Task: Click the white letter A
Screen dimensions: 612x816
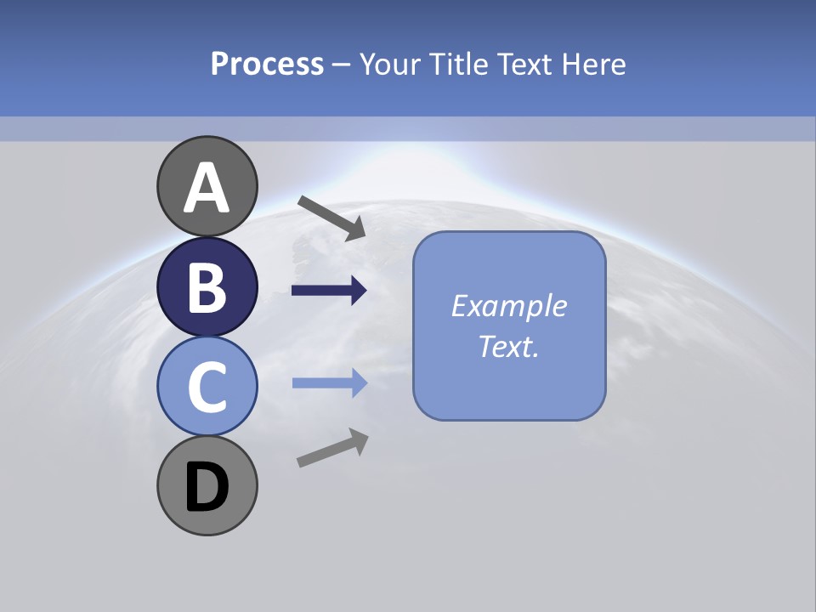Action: (207, 189)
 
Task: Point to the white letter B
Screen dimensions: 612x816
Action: (207, 288)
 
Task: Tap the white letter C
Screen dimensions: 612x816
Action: (207, 388)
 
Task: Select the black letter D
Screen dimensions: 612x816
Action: (207, 487)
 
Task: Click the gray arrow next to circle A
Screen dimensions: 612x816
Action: (331, 218)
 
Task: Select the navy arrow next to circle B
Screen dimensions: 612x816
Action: (329, 291)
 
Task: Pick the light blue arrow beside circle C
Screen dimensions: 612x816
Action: (329, 383)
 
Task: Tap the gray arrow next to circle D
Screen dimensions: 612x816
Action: (332, 448)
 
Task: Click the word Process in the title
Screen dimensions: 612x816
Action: (267, 64)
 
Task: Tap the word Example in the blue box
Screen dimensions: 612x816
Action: (508, 306)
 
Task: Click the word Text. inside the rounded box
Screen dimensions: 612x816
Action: (508, 347)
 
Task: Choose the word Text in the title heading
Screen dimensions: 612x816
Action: (525, 64)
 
